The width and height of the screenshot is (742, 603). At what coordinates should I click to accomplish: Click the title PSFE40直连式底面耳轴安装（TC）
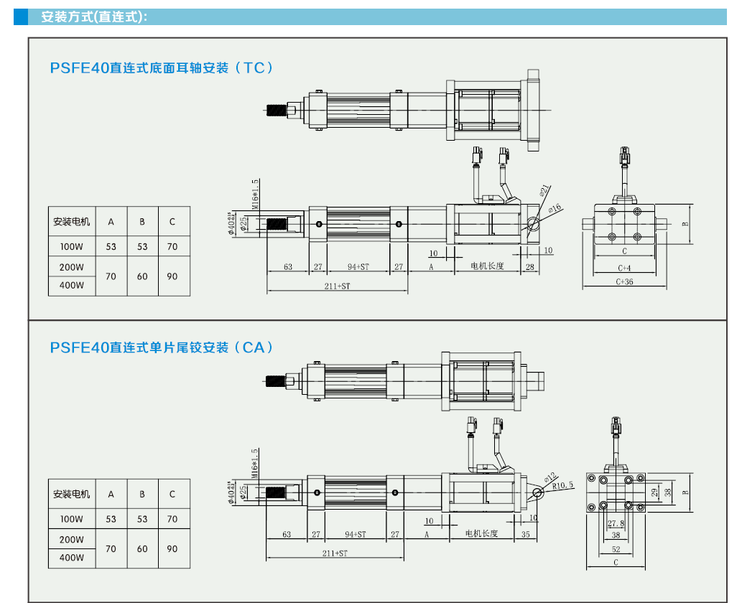pyautogui.click(x=162, y=68)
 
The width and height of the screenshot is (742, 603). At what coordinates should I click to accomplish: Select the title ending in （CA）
pyautogui.click(x=162, y=347)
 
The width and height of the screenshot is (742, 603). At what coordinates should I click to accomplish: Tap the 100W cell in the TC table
pyautogui.click(x=72, y=247)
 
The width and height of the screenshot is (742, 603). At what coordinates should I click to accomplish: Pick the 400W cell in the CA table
pyautogui.click(x=72, y=558)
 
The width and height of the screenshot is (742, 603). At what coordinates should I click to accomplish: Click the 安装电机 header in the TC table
pyautogui.click(x=72, y=222)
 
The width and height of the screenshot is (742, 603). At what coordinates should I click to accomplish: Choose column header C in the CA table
pyautogui.click(x=172, y=494)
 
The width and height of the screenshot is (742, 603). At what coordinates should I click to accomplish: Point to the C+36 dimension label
pyautogui.click(x=624, y=282)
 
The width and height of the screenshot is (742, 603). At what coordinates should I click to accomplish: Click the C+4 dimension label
pyautogui.click(x=624, y=268)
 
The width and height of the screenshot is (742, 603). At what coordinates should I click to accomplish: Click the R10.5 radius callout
pyautogui.click(x=563, y=485)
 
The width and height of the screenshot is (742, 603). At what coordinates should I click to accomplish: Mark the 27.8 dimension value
pyautogui.click(x=616, y=524)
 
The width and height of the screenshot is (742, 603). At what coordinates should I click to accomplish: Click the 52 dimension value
pyautogui.click(x=616, y=549)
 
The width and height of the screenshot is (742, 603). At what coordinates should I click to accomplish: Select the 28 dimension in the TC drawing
pyautogui.click(x=530, y=266)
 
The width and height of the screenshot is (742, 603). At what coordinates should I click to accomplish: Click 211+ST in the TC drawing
pyautogui.click(x=336, y=286)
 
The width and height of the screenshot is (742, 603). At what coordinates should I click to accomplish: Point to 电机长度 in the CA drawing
pyautogui.click(x=481, y=534)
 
